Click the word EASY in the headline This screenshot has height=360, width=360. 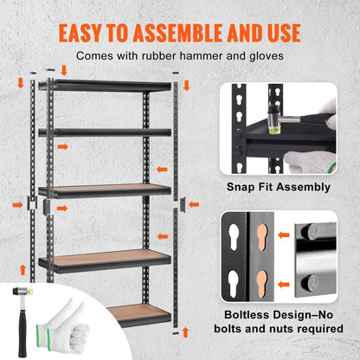point(84,33)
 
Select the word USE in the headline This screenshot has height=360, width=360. point(278,33)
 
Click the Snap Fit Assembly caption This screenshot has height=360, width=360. point(278,187)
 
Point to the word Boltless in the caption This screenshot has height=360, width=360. point(247,316)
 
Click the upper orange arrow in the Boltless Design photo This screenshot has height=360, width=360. point(285,234)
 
